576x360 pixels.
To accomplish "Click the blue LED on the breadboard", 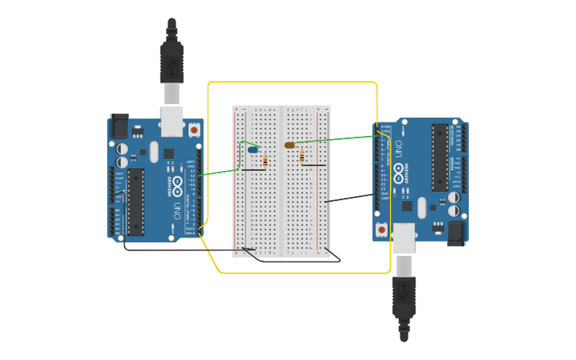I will (253, 149).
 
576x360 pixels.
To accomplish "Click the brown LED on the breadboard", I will (290, 145).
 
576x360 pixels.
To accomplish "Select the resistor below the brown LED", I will (302, 157).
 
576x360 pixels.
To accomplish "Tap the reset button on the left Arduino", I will (194, 130).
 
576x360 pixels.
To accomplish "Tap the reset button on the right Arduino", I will (382, 230).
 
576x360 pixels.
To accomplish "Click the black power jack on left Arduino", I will (119, 126).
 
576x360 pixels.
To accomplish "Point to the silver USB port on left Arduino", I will (172, 121).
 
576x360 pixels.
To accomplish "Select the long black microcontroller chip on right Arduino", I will (439, 157).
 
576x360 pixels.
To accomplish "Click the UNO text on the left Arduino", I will (176, 211).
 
